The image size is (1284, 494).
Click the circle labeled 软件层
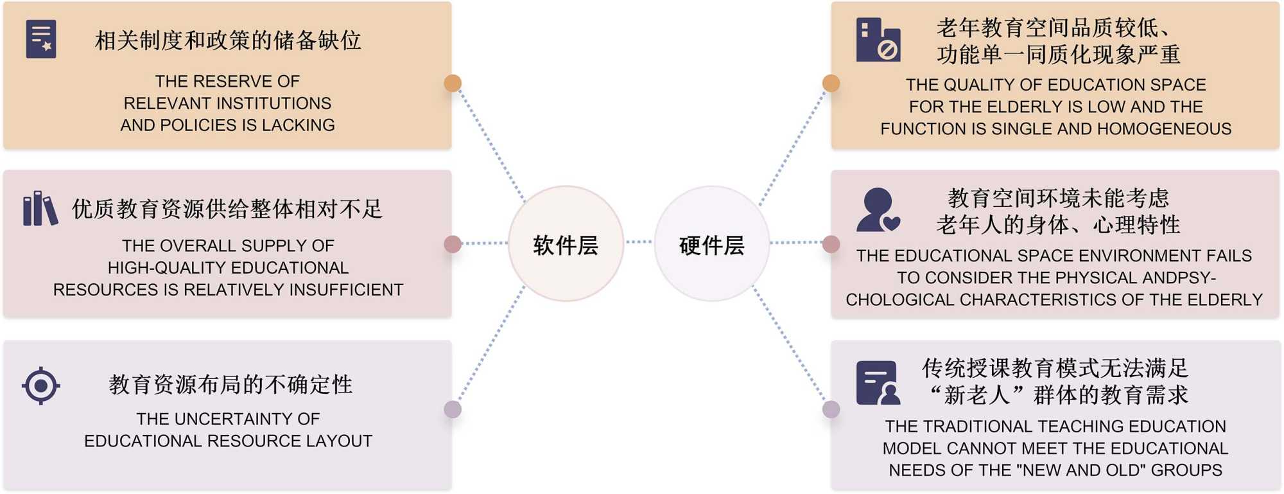pos(566,244)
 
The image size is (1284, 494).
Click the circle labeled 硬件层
pos(711,244)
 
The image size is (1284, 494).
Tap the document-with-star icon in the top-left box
pos(41,39)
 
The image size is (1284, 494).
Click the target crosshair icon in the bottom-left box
pos(41,385)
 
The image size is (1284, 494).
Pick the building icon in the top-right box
pos(878,40)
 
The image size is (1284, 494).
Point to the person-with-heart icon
pos(878,209)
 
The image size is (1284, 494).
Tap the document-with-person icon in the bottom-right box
pos(878,383)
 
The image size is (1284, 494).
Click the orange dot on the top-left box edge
pos(453,83)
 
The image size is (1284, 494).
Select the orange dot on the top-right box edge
pos(831,83)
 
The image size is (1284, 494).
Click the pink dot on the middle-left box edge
pos(453,244)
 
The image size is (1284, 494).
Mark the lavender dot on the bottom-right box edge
pos(831,409)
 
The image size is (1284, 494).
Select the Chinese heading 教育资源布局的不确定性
pos(230,385)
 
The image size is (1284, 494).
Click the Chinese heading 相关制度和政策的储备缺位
pos(228,40)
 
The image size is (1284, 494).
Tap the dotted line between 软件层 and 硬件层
pos(639,242)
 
